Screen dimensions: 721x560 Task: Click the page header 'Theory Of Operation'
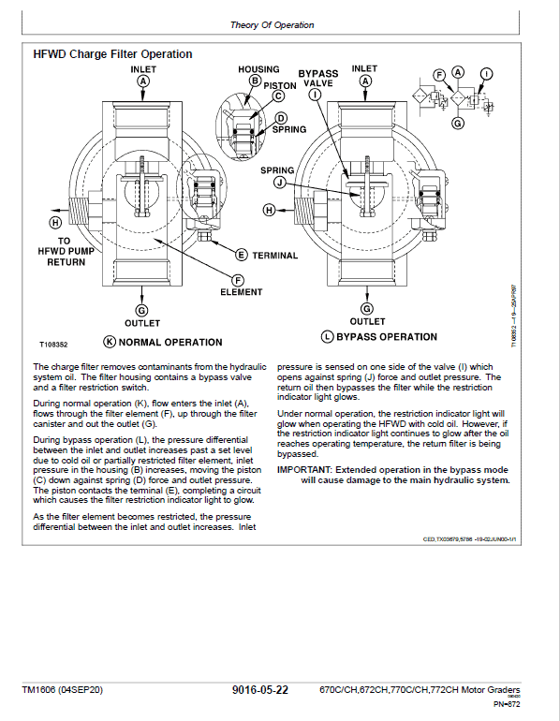tap(272, 25)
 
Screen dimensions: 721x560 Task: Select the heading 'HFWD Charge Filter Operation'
tap(112, 54)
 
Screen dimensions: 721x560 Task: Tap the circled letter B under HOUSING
tap(254, 81)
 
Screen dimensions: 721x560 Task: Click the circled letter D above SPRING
tap(280, 118)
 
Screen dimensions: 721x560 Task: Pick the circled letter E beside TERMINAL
tap(241, 255)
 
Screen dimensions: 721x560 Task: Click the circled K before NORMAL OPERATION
tap(110, 343)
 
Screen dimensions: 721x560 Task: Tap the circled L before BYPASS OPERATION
tap(327, 337)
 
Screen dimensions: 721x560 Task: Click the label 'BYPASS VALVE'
tap(317, 78)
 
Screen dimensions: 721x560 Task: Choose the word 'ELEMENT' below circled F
tap(241, 292)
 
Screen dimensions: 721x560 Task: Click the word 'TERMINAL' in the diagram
tap(274, 256)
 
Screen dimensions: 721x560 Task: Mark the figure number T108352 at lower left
tap(55, 345)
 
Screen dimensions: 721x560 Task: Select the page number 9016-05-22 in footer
tap(259, 690)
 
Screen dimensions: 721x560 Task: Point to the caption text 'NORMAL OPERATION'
tap(170, 343)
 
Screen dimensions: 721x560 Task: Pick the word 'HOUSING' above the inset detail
tap(258, 69)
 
